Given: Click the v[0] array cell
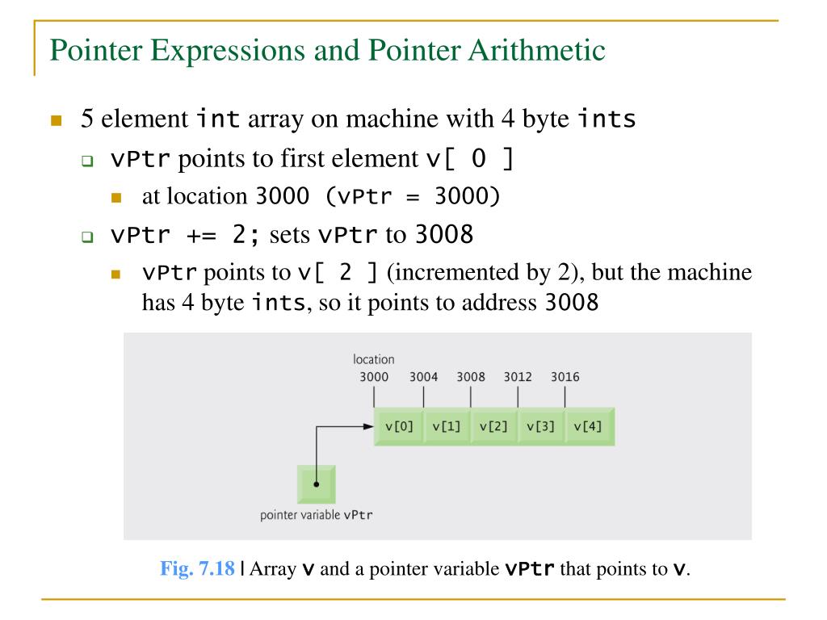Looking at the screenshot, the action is click(x=399, y=426).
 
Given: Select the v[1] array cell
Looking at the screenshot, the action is click(x=446, y=426).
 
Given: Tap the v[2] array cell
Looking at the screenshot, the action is click(x=493, y=426).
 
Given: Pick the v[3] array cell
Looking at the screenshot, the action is click(x=540, y=426).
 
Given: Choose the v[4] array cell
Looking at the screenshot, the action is click(x=588, y=426).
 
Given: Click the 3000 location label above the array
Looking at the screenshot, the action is click(x=374, y=377).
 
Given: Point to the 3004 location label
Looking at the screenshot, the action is click(x=423, y=377).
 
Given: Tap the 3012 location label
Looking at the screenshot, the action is click(x=518, y=377).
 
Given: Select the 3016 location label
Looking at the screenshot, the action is click(x=565, y=377).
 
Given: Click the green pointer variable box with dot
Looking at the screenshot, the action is click(x=317, y=484).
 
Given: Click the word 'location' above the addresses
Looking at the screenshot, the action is click(x=374, y=359).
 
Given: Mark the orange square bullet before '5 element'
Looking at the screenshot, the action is click(x=56, y=122).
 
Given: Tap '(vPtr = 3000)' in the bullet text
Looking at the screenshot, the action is click(x=430, y=196).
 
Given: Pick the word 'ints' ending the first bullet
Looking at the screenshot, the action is click(x=607, y=120).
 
